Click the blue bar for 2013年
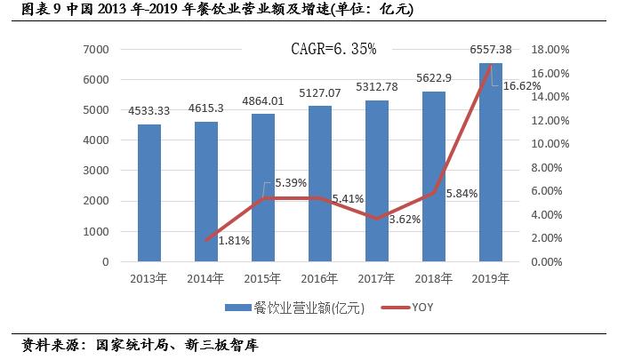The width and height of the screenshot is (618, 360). [x=148, y=193]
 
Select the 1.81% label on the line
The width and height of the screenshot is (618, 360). [x=234, y=240]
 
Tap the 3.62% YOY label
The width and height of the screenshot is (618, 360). [x=405, y=219]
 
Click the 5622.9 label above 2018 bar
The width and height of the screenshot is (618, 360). [x=435, y=78]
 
